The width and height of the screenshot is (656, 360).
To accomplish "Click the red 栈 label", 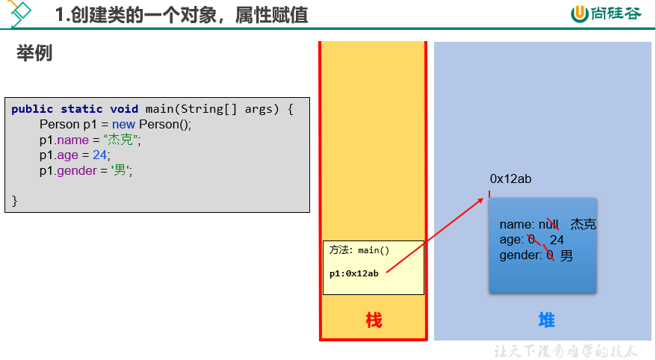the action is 374,320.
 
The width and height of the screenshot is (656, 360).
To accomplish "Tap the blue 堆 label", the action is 546,320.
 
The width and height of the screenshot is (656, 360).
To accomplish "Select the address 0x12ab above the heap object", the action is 510,179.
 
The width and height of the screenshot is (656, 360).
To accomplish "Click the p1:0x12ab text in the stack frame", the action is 354,273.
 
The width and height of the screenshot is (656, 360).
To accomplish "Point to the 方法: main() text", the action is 359,250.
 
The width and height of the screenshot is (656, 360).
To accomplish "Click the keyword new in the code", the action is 123,125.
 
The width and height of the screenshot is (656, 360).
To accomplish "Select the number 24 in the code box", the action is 99,155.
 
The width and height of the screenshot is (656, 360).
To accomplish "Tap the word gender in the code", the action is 77,171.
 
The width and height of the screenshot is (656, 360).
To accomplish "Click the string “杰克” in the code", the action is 120,140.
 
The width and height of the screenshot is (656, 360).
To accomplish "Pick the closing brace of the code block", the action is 15,201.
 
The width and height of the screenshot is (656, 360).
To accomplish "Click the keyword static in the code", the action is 81,109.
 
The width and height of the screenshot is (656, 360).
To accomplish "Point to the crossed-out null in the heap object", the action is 548,225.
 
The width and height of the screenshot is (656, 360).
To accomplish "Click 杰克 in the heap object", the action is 584,224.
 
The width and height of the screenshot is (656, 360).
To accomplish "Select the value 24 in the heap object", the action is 557,240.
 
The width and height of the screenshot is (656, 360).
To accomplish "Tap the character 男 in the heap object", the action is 566,255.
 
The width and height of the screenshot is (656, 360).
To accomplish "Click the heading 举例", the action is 34,53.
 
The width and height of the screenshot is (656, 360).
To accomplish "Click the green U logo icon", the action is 580,13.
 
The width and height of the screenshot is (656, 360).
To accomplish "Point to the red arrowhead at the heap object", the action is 480,201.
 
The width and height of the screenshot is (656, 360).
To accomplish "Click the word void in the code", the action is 124,109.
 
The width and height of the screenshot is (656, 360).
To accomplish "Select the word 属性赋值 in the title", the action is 271,15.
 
